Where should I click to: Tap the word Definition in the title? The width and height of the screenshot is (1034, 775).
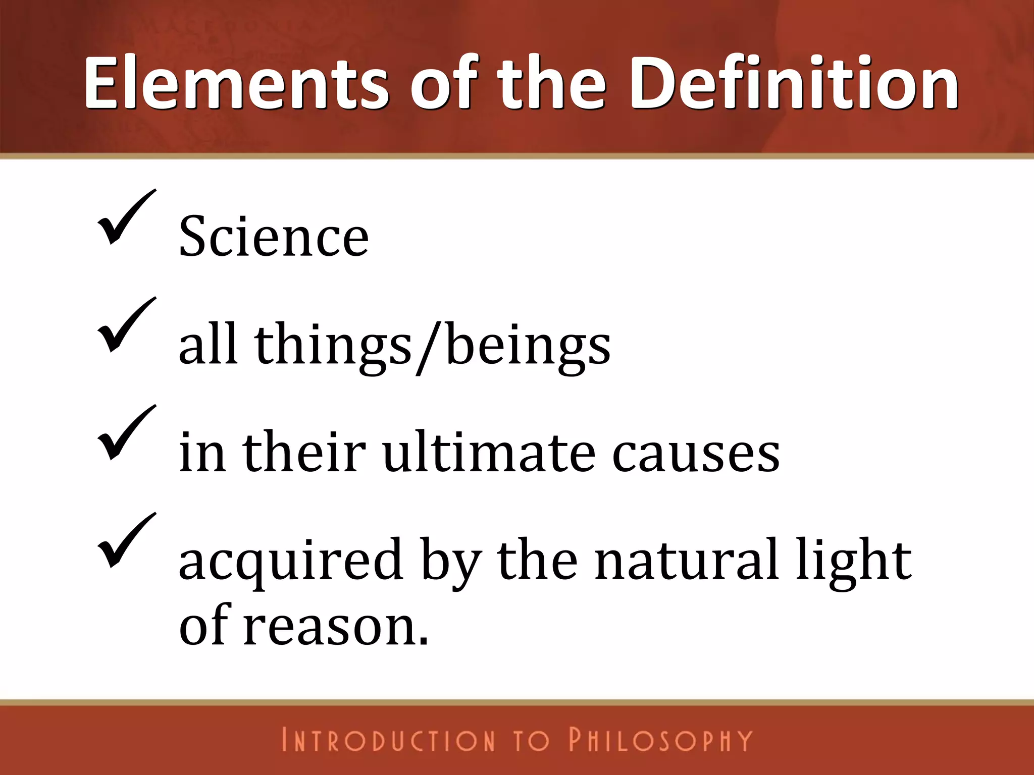click(x=794, y=83)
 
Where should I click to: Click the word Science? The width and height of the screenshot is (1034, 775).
click(x=274, y=236)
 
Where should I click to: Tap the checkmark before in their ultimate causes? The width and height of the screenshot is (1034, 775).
click(x=126, y=433)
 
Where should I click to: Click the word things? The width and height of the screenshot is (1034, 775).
click(x=333, y=346)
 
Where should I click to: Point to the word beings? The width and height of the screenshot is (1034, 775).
click(x=528, y=346)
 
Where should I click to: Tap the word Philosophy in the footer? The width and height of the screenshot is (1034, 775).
click(x=660, y=740)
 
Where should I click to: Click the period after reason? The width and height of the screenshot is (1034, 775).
click(x=424, y=641)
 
